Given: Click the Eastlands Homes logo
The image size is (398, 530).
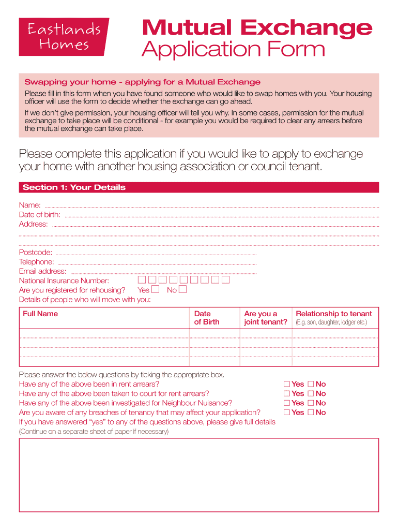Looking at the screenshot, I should click(x=64, y=37).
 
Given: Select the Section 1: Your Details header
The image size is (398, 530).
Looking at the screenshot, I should click(x=74, y=187).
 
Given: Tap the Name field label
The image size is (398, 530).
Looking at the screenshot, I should click(x=30, y=205).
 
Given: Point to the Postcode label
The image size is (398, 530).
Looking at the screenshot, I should click(x=36, y=253).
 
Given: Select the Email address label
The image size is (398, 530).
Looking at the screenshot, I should click(x=42, y=271).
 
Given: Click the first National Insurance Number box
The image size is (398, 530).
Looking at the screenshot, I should click(x=142, y=280).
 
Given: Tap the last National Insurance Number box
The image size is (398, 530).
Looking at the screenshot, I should click(x=225, y=280).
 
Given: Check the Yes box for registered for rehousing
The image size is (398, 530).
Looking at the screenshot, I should click(x=155, y=290).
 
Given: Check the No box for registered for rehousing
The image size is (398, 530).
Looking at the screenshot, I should click(x=182, y=290).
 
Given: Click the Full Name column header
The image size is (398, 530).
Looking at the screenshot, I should click(x=40, y=314).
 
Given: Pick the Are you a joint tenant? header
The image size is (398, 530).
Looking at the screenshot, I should click(x=265, y=318).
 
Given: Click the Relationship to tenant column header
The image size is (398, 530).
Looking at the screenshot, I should click(x=333, y=314).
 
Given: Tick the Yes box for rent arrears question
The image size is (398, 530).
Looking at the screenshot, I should click(x=287, y=384).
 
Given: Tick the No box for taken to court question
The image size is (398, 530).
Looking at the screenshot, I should click(x=311, y=393).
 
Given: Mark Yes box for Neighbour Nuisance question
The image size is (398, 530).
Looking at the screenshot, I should click(x=287, y=403).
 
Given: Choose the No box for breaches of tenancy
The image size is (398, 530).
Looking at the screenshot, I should click(x=311, y=413).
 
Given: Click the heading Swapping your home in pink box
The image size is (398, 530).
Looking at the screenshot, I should click(x=142, y=82).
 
